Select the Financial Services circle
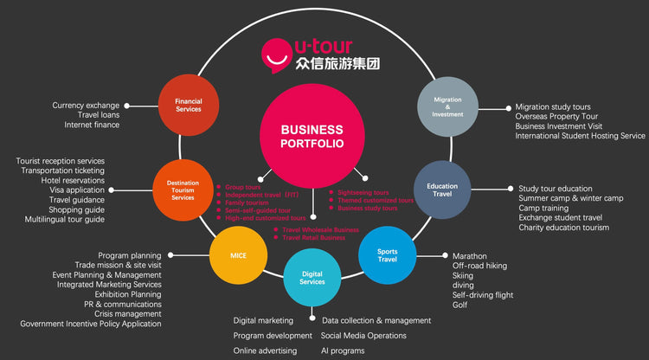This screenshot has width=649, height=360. point(188,106)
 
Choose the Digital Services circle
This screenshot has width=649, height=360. point(312,277)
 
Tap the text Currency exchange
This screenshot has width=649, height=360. point(86,106)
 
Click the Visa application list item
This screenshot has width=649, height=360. point(77,190)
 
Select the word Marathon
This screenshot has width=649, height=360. point(469,256)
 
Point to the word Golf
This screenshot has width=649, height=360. point(460,305)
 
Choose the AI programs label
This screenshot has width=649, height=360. point(342,350)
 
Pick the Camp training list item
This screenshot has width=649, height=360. point(543,209)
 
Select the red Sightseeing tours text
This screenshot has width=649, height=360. point(363,192)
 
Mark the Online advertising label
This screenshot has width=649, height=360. point(265,350)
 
